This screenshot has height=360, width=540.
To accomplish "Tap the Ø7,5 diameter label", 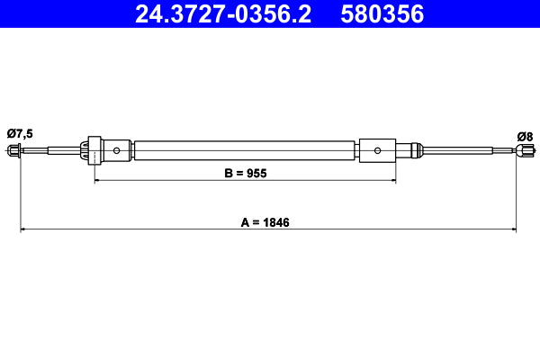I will [x=20, y=134].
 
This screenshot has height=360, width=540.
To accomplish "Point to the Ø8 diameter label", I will [x=525, y=136].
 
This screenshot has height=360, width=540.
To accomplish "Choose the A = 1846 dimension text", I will [x=269, y=221].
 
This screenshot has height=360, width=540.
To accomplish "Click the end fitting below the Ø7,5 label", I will [x=14, y=150].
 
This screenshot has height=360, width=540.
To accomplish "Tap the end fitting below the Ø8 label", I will [x=520, y=151].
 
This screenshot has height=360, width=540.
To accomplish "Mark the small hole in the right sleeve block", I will [x=377, y=150].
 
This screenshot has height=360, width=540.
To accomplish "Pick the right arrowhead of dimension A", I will [x=514, y=230].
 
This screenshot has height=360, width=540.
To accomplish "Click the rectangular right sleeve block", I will [x=377, y=150].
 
